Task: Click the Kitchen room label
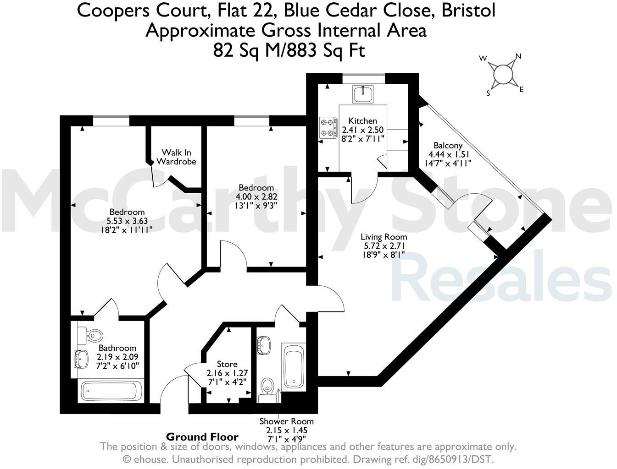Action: (x=362, y=121)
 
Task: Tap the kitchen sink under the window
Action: (x=363, y=94)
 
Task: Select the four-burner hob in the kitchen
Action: (x=328, y=128)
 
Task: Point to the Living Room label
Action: (x=384, y=237)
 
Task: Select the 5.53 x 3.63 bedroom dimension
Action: (x=127, y=220)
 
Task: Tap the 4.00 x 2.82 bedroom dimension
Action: (x=256, y=196)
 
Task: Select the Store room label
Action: (x=227, y=364)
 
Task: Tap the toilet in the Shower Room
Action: (x=267, y=387)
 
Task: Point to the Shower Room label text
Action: (x=286, y=421)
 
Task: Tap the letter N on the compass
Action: (x=518, y=57)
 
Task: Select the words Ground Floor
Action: (x=202, y=436)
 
